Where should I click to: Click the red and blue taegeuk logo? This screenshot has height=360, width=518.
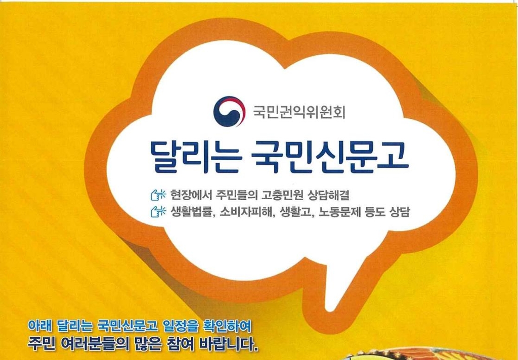click(229, 112)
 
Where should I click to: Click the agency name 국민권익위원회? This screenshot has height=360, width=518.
click(299, 112)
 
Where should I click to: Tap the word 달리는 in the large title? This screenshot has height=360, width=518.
click(195, 156)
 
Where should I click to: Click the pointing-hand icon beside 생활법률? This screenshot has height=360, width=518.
click(158, 211)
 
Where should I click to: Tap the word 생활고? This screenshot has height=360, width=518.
click(296, 211)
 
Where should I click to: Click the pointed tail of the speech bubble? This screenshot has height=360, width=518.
click(328, 309)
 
